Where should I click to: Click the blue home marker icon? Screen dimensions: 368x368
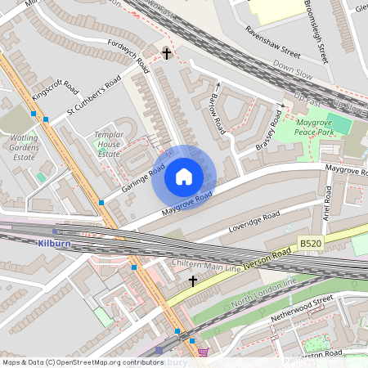pyautogui.click(x=184, y=177)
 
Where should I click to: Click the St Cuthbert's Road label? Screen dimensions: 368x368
pyautogui.click(x=95, y=96)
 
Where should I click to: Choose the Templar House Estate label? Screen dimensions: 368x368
pyautogui.click(x=109, y=142)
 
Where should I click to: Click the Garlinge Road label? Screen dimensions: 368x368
pyautogui.click(x=128, y=177)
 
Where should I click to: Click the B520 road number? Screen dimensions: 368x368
pyautogui.click(x=310, y=244)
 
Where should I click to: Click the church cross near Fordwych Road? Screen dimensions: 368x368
pyautogui.click(x=167, y=54)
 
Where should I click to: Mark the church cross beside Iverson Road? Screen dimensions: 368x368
pyautogui.click(x=193, y=281)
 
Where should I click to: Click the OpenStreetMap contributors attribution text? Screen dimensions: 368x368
pyautogui.click(x=83, y=361)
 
